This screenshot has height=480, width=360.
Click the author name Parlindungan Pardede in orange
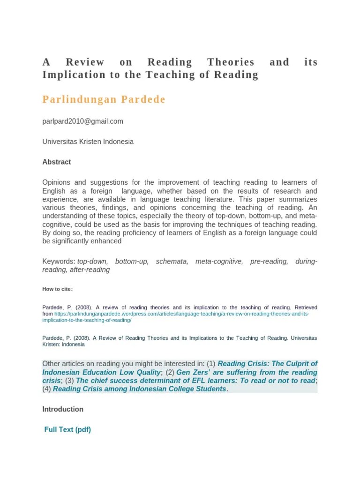tap(104, 100)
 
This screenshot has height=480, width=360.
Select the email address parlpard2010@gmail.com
tap(83, 121)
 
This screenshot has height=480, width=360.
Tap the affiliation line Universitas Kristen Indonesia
tap(88, 141)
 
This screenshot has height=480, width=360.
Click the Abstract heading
tap(57, 162)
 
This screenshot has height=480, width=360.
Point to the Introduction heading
tap(63, 409)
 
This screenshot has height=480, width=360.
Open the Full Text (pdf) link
tap(67, 429)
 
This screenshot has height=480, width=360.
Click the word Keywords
tap(58, 261)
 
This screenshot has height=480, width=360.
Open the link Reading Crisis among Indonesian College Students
tap(139, 389)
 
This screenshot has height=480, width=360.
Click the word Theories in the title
tap(231, 62)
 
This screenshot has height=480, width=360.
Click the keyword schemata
tap(172, 261)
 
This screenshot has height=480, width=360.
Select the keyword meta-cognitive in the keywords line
tap(219, 261)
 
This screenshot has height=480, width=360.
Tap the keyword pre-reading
tap(269, 261)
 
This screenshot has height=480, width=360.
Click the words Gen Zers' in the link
tap(193, 372)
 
